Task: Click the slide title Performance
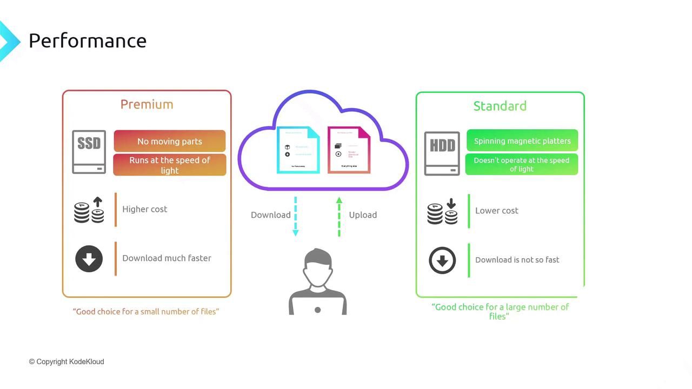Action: pos(87,41)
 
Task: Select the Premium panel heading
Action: pos(147,104)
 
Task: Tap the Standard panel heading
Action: pos(500,106)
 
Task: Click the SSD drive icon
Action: pos(89,152)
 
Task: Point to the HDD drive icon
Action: pos(442,153)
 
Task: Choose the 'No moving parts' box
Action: pos(169,141)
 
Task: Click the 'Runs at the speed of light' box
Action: pos(169,165)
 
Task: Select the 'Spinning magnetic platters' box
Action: pos(522,140)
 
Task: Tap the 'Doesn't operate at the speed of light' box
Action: pos(521,164)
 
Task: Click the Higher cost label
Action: pos(144,209)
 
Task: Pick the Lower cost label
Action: pos(496,211)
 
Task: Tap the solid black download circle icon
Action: pos(89,259)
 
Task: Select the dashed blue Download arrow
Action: pos(296,216)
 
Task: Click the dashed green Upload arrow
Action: pos(339,217)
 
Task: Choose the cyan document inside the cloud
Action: pos(298,150)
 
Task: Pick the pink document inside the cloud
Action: pos(349,150)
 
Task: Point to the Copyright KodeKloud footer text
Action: pos(66,361)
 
